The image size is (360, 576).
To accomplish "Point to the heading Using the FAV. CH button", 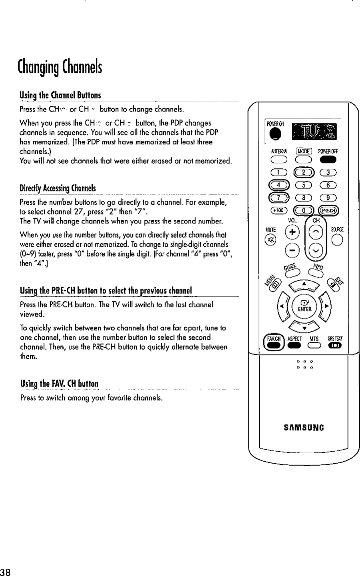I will (x=59, y=384).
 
